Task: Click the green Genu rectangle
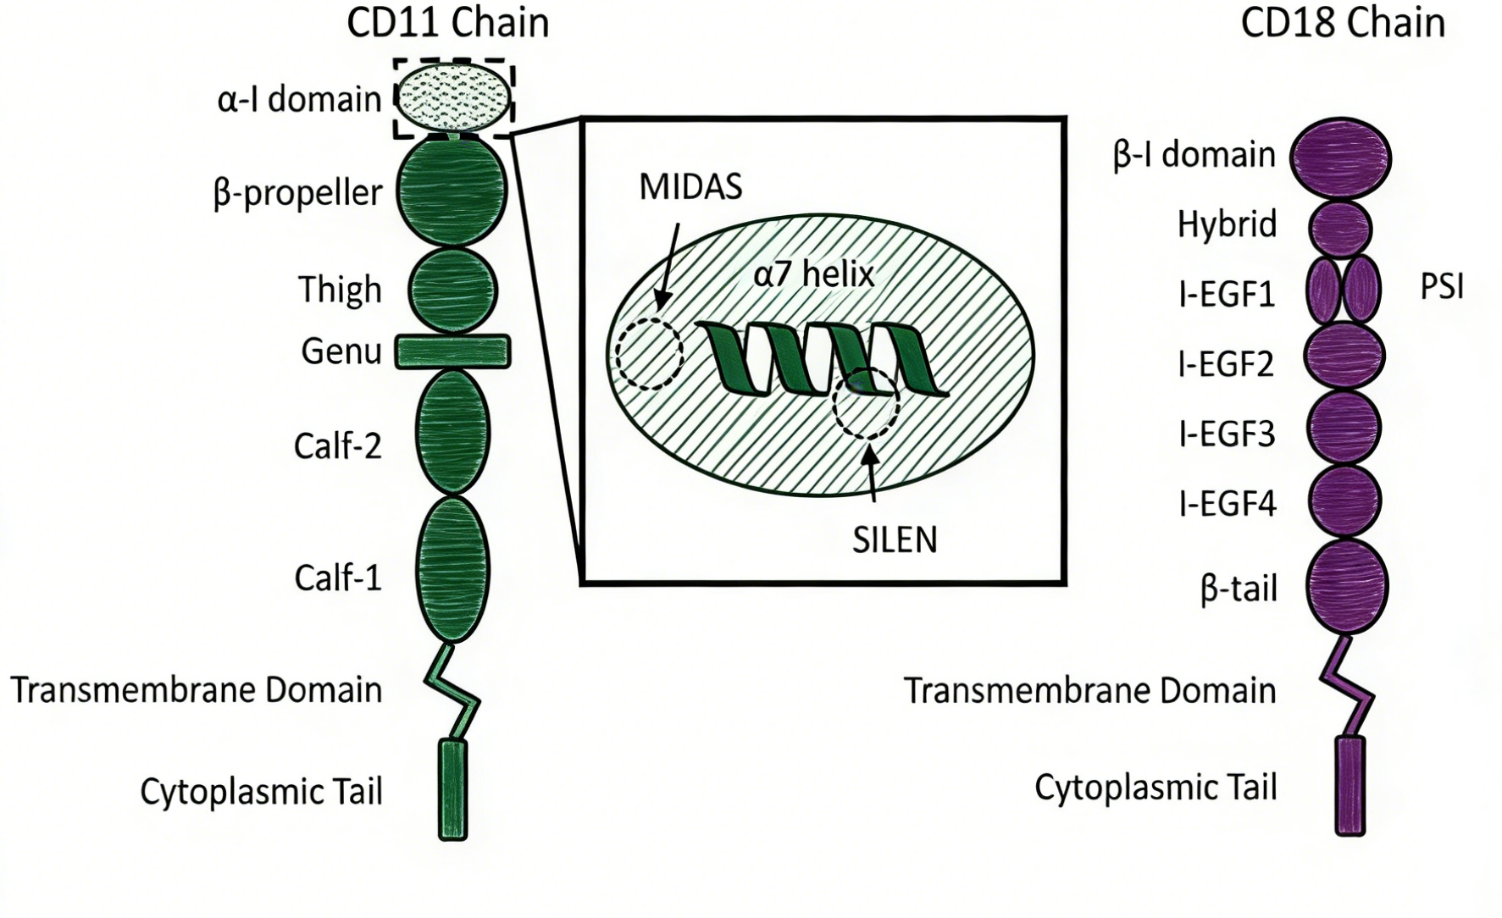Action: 452,351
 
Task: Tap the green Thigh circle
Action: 453,289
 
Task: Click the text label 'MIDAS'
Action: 690,187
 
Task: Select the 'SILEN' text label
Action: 895,540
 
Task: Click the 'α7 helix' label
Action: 813,274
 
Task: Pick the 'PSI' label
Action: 1441,288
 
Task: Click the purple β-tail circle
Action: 1346,586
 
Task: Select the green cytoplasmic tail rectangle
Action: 453,789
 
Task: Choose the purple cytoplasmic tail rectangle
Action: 1350,786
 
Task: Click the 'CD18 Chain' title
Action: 1343,23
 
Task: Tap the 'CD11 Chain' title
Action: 447,23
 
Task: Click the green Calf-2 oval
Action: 453,432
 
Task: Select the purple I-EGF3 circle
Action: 1344,427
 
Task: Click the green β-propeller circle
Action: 452,191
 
